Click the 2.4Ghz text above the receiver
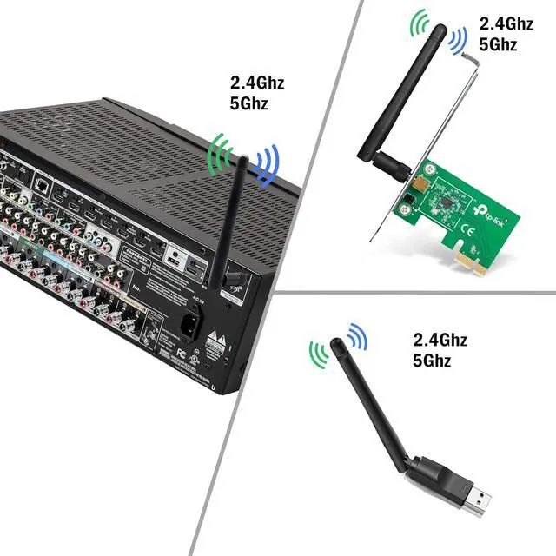coord(256,84)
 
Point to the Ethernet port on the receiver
coord(41,185)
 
